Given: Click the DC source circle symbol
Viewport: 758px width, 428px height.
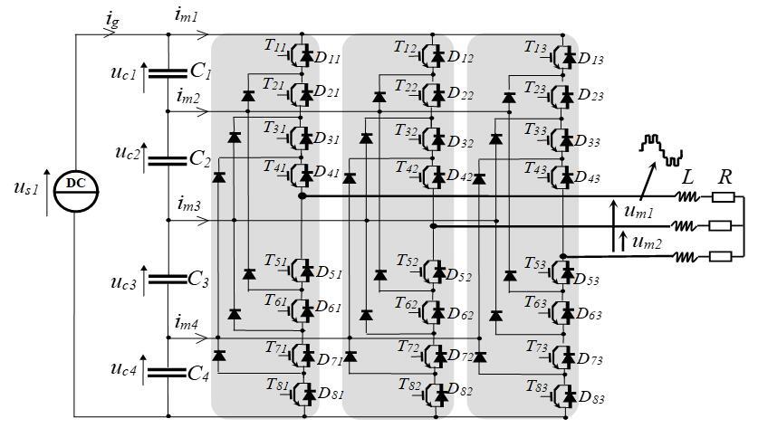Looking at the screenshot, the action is [76, 191].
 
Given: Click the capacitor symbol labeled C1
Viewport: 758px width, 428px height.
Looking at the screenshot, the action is [168, 73].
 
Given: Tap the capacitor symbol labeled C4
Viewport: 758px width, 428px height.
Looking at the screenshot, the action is [168, 373].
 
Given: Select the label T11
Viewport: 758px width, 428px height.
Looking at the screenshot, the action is [275, 45].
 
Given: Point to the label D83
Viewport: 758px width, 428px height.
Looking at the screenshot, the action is [591, 397].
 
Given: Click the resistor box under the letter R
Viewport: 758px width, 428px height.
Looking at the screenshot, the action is [723, 196].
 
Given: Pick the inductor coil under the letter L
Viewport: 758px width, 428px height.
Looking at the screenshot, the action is [687, 196].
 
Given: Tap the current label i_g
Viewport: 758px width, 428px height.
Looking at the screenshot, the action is [112, 20].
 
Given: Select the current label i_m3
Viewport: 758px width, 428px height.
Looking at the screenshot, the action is [188, 204].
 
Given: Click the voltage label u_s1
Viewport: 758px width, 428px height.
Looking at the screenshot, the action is [25, 187].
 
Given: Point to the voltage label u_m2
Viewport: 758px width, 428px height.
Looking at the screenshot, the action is [647, 243].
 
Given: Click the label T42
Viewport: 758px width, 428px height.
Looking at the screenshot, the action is [407, 167].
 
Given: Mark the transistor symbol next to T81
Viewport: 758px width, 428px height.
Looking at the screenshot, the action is [303, 394].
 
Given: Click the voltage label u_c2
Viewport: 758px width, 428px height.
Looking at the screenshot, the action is [128, 153].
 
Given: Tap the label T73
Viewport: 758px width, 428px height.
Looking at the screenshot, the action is [537, 347].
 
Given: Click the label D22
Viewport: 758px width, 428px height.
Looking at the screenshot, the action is [461, 94].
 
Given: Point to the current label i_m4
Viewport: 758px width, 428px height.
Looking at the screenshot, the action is [187, 322].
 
